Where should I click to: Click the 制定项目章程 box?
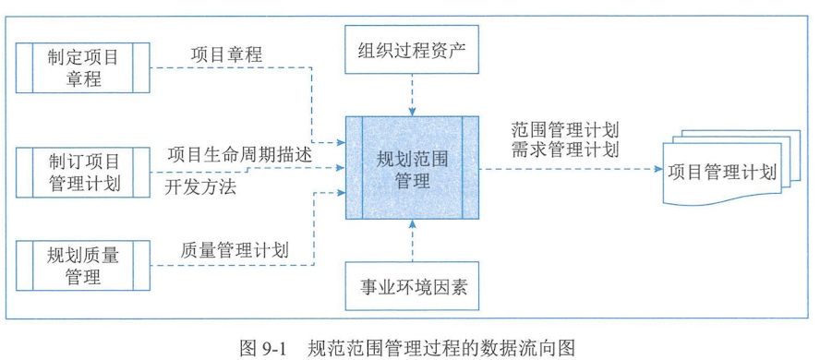[x=83, y=67]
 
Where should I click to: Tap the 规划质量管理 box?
[x=83, y=262]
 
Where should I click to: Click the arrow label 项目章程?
[x=226, y=54]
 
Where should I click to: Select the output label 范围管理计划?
[x=563, y=128]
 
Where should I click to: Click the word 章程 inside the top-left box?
[x=83, y=78]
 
